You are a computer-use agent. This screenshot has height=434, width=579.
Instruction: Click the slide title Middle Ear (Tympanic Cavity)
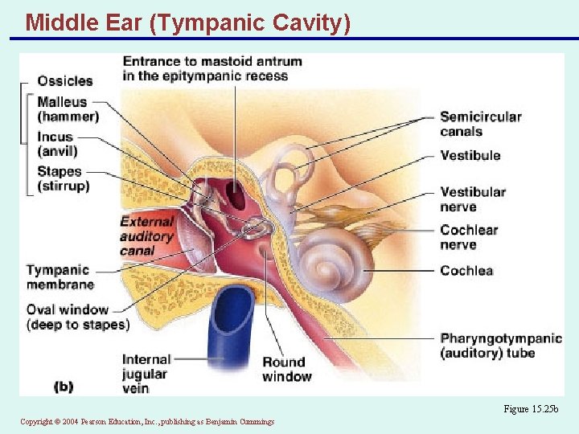(187, 23)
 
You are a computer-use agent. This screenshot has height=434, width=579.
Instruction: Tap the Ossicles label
(65, 80)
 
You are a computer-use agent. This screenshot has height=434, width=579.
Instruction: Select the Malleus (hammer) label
(68, 109)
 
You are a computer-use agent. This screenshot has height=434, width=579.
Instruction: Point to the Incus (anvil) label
(57, 144)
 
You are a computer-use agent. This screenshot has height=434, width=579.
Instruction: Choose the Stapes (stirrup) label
(64, 178)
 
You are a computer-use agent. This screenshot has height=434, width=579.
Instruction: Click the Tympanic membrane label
(60, 276)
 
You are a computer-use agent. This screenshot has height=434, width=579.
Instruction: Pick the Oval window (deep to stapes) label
(77, 317)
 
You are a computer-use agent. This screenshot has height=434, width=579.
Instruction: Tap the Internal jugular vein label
(146, 374)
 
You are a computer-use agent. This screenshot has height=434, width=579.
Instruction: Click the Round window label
(286, 369)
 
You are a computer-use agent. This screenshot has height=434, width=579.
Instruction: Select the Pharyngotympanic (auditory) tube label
(500, 346)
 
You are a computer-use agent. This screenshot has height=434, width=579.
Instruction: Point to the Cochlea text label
(466, 271)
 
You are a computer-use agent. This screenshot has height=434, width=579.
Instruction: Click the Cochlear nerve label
(469, 237)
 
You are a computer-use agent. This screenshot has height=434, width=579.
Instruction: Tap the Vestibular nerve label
(473, 199)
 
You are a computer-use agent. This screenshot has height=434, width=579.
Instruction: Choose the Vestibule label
(470, 155)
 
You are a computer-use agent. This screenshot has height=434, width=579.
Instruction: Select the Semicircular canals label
(480, 124)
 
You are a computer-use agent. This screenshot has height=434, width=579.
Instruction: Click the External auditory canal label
(146, 235)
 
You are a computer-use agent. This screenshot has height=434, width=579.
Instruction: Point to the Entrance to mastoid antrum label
(211, 68)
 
